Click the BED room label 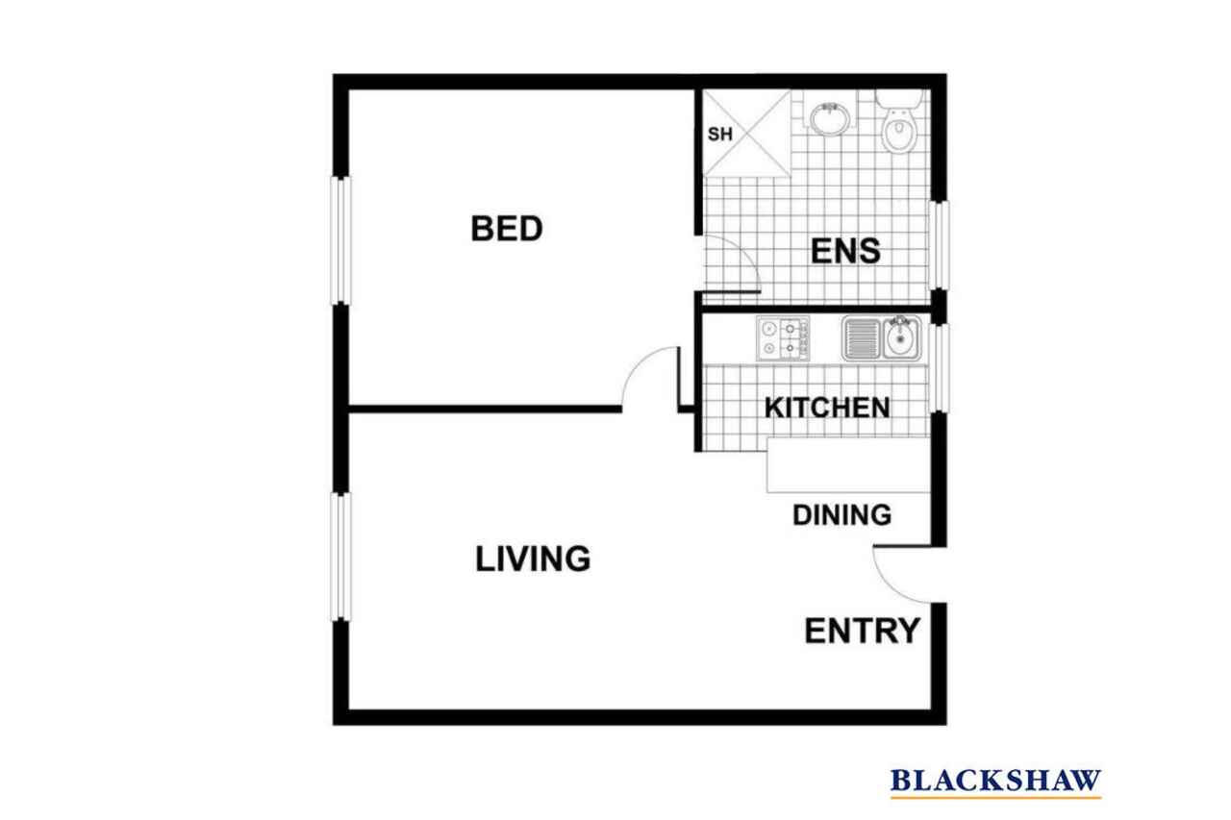[x=507, y=229]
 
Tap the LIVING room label [x=533, y=559]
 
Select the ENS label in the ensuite [x=845, y=251]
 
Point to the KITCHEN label [x=826, y=408]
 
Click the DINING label [x=842, y=514]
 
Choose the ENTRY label [x=862, y=631]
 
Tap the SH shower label [x=720, y=134]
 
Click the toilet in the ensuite [x=899, y=121]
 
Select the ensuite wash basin [x=830, y=118]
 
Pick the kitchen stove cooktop [x=783, y=338]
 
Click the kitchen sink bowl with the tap [x=901, y=337]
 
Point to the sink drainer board [x=862, y=339]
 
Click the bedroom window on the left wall [x=340, y=240]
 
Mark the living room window [x=340, y=557]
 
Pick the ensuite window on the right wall [x=939, y=245]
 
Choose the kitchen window [x=939, y=367]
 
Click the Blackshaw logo [x=995, y=783]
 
